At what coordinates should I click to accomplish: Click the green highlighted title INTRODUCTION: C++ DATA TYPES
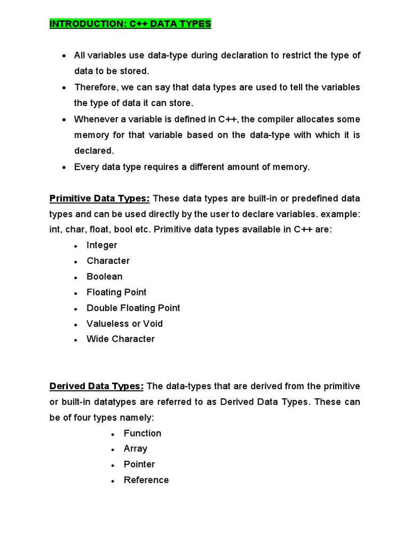click(130, 24)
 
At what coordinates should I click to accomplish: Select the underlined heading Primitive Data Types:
click(100, 198)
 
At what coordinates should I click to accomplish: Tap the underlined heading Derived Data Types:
click(97, 386)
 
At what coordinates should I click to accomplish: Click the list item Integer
click(102, 245)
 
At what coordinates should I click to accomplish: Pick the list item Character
click(108, 261)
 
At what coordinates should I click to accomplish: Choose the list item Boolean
click(105, 276)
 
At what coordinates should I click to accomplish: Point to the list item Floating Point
click(116, 292)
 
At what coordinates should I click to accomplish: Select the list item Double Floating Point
click(133, 308)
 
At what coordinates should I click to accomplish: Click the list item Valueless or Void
click(125, 324)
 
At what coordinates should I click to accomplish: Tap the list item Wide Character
click(121, 339)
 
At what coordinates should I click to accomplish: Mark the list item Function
click(143, 433)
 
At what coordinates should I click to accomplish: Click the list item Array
click(136, 449)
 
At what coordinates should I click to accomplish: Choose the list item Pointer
click(139, 464)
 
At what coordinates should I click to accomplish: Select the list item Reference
click(146, 480)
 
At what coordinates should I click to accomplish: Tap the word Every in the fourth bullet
click(85, 167)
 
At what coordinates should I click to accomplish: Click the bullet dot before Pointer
click(113, 465)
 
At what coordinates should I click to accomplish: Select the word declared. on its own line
click(94, 151)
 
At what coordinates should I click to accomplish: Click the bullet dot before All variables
click(64, 56)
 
